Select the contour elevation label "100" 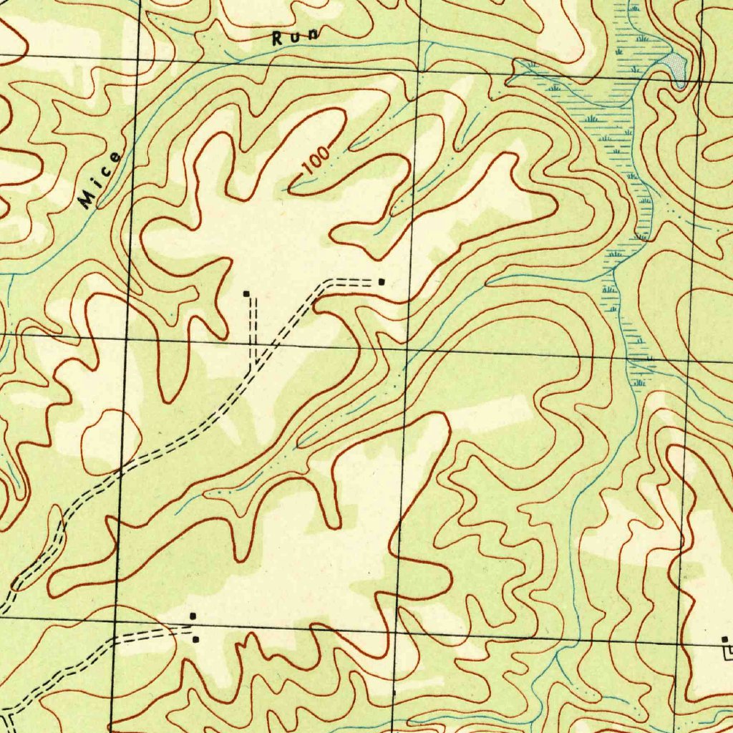point(316,162)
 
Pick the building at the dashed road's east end point(381,282)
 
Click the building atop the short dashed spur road point(246,293)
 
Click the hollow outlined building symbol point(728,651)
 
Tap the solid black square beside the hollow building point(724,639)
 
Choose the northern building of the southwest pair point(192,616)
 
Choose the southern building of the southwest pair point(195,639)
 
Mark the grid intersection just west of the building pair point(115,620)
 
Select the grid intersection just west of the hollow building point(676,643)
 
